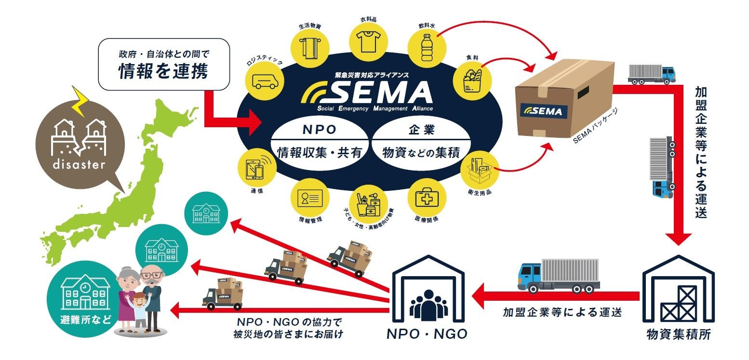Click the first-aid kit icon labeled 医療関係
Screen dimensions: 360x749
[x=426, y=198]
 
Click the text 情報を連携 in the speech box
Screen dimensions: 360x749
[x=163, y=71]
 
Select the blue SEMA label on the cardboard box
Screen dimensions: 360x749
[x=544, y=110]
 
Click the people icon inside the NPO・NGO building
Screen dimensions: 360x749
[x=428, y=305]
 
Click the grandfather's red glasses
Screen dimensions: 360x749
[x=151, y=276]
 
